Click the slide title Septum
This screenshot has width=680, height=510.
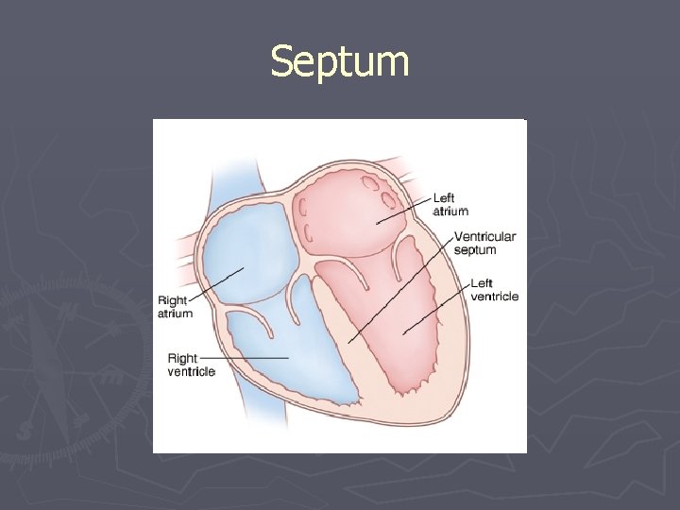tap(339, 62)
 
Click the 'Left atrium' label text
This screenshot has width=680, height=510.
tap(450, 204)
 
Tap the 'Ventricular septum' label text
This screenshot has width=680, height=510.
tap(484, 243)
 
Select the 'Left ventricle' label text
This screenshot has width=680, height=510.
tap(494, 290)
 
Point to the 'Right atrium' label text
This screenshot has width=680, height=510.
tap(175, 307)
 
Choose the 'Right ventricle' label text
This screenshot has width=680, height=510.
tap(191, 365)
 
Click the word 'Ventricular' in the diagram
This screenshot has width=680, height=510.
tap(484, 236)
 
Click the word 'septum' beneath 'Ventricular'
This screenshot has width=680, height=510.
tap(475, 249)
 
